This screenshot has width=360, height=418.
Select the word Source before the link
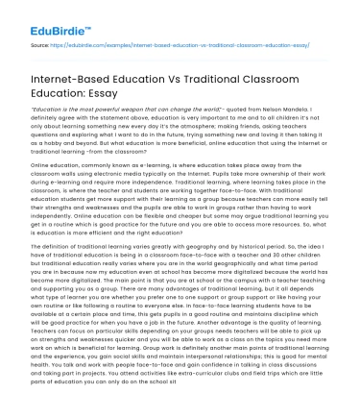39,44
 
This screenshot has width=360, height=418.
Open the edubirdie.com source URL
174,44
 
